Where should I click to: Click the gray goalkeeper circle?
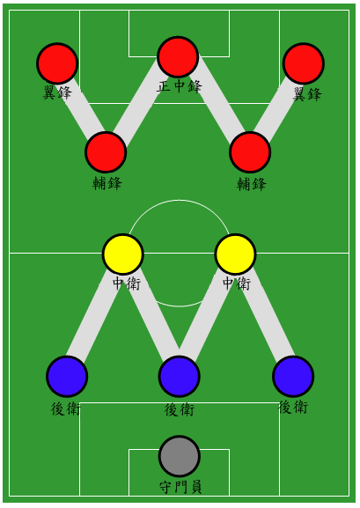(180, 456)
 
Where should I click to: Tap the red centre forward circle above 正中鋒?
(178, 57)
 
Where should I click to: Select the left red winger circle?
(57, 63)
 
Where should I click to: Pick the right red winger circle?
(304, 63)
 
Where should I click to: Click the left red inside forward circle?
(106, 152)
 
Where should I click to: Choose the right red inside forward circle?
(250, 152)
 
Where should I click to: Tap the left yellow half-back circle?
(123, 254)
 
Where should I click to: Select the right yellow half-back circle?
(236, 254)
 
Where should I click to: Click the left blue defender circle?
(67, 377)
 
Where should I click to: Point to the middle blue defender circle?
(180, 377)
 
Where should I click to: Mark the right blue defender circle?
(293, 377)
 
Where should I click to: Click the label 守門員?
(180, 487)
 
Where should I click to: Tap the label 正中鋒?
(180, 86)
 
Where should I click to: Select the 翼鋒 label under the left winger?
(57, 93)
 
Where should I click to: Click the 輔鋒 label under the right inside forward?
(252, 184)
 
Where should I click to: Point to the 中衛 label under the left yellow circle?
(127, 283)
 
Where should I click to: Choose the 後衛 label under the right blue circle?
(293, 407)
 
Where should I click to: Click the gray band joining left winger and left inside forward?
(81, 107)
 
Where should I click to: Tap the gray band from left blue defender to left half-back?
(93, 316)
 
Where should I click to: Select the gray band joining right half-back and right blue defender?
(265, 314)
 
